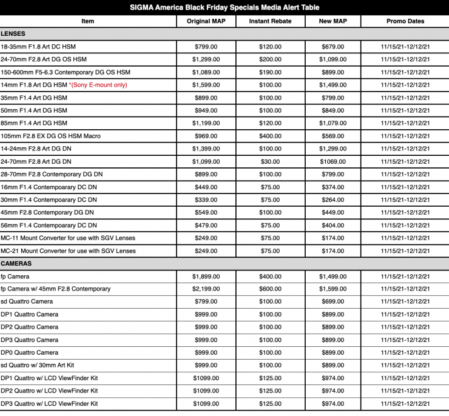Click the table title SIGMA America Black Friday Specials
[x=224, y=7]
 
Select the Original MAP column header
[x=206, y=21]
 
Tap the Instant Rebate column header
[x=270, y=21]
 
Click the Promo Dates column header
[x=405, y=21]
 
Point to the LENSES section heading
[x=13, y=34]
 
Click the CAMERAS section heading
[x=16, y=264]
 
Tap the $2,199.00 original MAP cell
[x=206, y=289]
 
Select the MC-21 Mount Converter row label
[x=68, y=251]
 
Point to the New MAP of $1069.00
[x=332, y=161]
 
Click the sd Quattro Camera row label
[x=27, y=302]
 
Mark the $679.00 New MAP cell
[x=332, y=47]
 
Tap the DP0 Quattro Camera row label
[x=30, y=353]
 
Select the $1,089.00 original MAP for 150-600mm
[x=206, y=72]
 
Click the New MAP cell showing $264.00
[x=332, y=200]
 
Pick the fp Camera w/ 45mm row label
[x=55, y=289]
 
